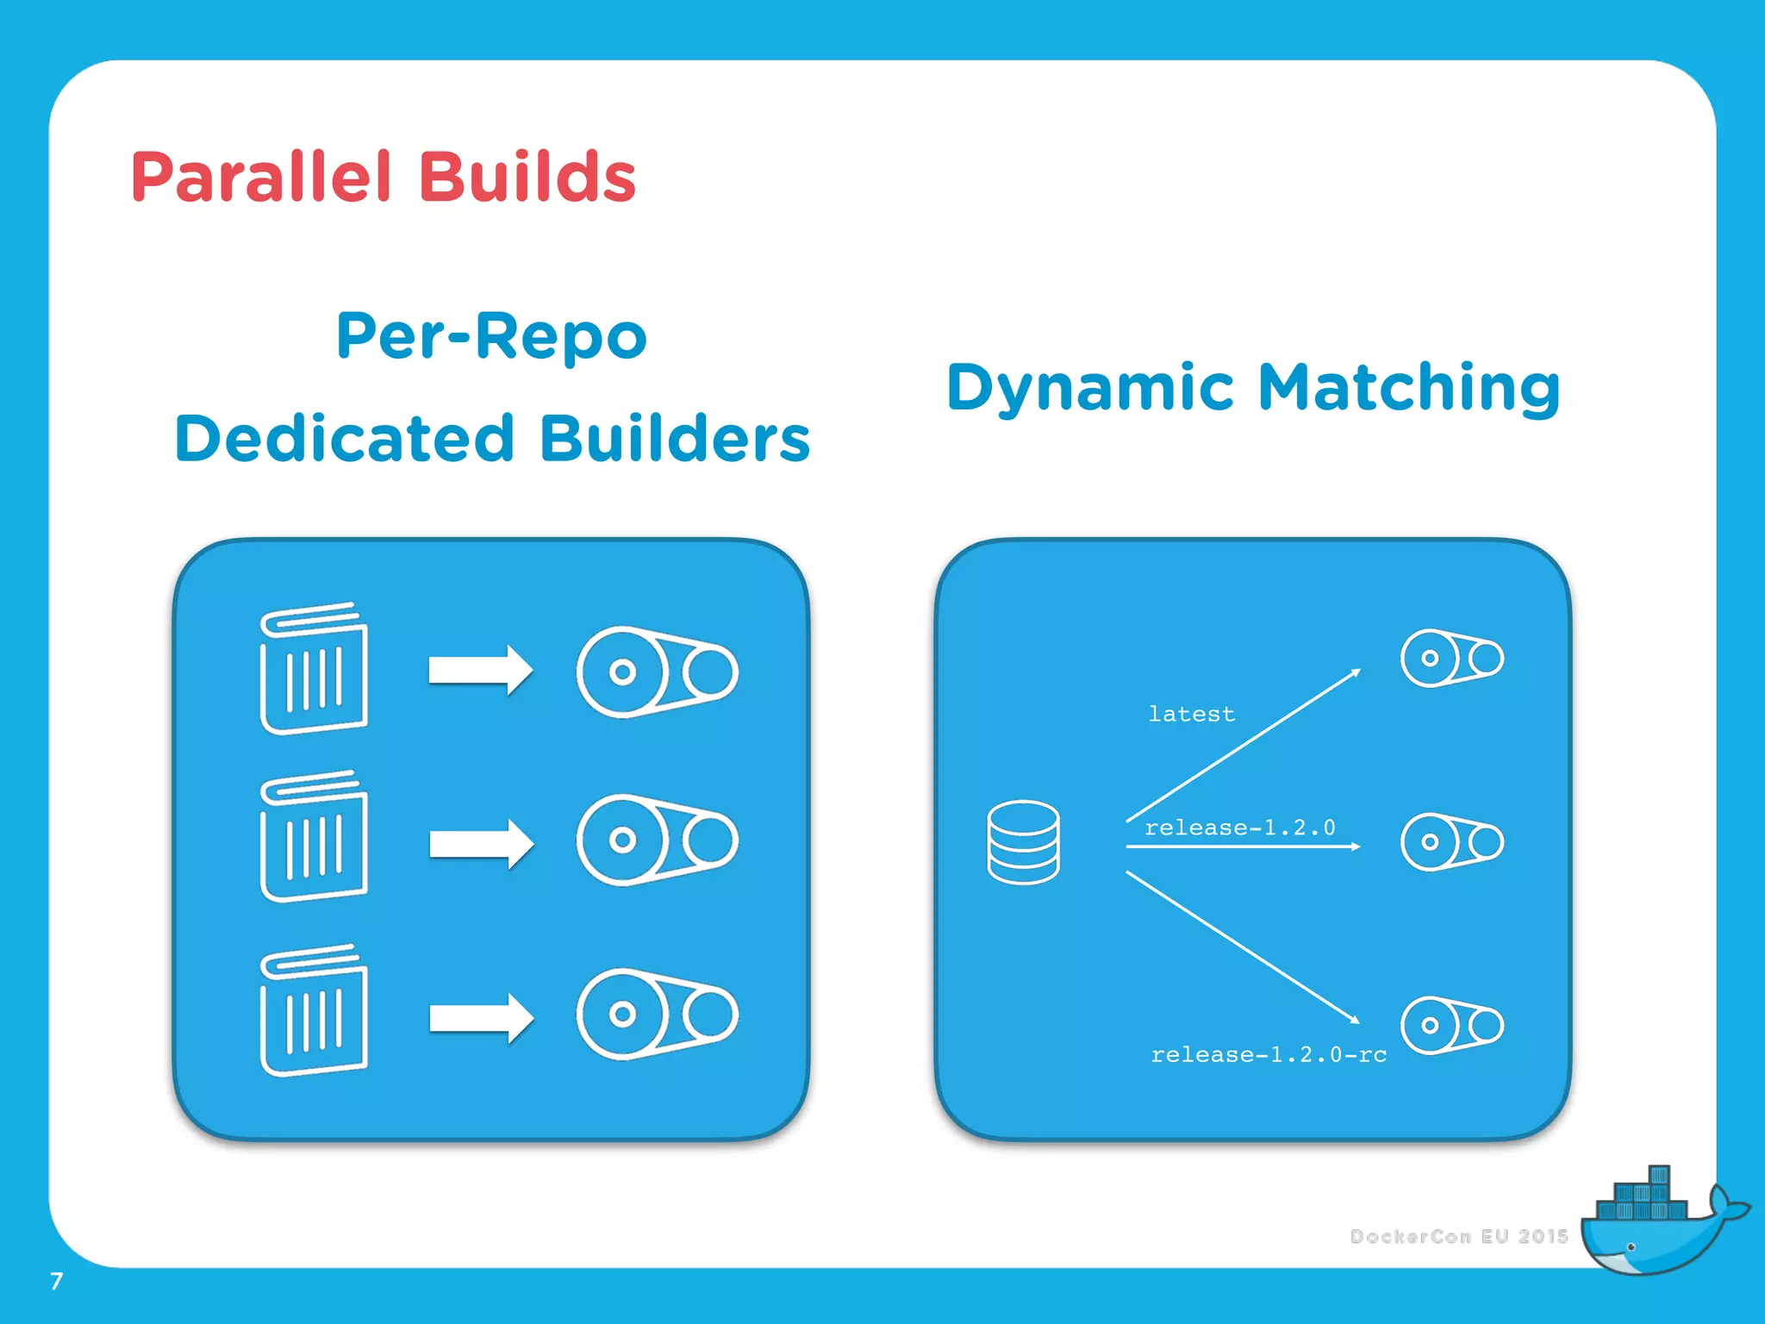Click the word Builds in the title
pyautogui.click(x=527, y=177)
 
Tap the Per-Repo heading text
pyautogui.click(x=491, y=336)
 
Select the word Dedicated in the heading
pyautogui.click(x=345, y=438)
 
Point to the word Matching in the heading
pyautogui.click(x=1409, y=387)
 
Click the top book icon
pyautogui.click(x=314, y=669)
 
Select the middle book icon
pyautogui.click(x=314, y=837)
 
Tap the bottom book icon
pyautogui.click(x=314, y=1010)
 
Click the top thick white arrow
pyautogui.click(x=480, y=670)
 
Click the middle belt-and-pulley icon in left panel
pyautogui.click(x=657, y=840)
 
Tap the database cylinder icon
pyautogui.click(x=1023, y=842)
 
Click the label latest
pyautogui.click(x=1191, y=714)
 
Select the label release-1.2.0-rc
pyautogui.click(x=1269, y=1054)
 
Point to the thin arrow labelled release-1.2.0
pyautogui.click(x=1241, y=846)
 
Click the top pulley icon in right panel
pyautogui.click(x=1451, y=659)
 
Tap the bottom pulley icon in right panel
pyautogui.click(x=1451, y=1025)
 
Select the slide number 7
pyautogui.click(x=57, y=1281)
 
